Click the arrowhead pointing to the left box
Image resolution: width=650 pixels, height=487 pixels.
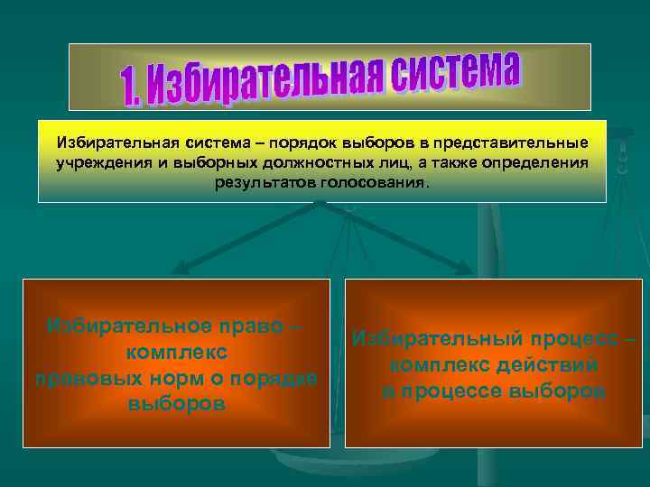180,268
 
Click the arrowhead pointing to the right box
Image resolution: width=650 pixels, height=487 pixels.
467,268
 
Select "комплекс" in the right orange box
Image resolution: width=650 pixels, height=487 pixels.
439,366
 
